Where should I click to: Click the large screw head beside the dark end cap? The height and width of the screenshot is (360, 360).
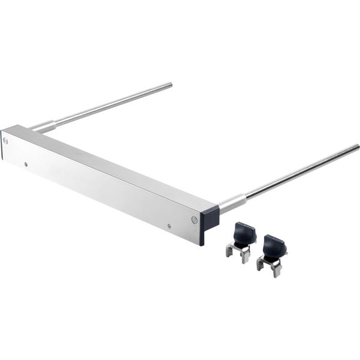coord(194,219)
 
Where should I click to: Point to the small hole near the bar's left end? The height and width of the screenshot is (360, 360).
coord(26,162)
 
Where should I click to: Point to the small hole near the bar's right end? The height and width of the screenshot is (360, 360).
coord(169,226)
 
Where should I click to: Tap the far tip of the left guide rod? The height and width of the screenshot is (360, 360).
coord(171,85)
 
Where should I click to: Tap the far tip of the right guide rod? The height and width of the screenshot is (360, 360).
coord(358,146)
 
